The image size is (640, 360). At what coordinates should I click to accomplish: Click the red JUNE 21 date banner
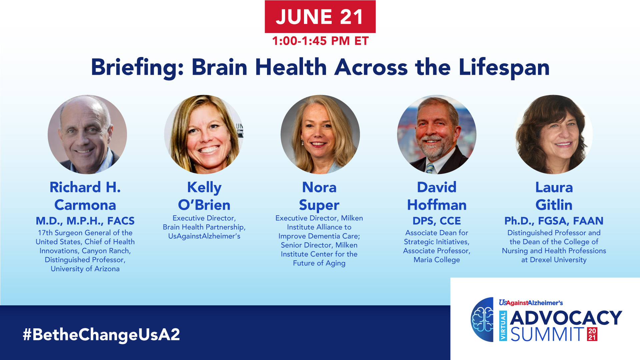320,17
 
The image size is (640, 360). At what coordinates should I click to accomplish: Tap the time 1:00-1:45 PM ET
320,41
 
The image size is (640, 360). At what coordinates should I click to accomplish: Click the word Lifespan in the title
504,68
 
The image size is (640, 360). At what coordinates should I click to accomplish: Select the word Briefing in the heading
137,68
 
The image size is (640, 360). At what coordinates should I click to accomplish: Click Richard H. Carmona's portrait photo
87,134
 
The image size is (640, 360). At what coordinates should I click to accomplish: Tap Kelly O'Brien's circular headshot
204,134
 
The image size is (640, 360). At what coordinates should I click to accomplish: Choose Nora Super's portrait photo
320,134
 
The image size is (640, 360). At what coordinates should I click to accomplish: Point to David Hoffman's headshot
437,134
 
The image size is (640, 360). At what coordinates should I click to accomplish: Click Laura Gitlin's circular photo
553,134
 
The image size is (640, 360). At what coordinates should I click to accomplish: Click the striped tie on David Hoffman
430,168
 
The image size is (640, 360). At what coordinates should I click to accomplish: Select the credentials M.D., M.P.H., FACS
85,221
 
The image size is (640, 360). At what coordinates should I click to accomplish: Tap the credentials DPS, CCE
437,221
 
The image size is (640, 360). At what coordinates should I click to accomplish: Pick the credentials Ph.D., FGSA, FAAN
554,221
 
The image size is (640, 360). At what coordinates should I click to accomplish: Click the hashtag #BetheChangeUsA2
101,334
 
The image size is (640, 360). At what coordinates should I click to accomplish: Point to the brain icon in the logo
482,319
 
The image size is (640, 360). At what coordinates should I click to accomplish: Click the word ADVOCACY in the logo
566,318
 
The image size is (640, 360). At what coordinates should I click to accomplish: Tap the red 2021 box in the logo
592,334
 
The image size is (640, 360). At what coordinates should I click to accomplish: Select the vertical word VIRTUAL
503,326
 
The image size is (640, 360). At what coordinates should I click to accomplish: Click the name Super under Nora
319,205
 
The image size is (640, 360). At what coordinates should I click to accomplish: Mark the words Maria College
437,260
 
